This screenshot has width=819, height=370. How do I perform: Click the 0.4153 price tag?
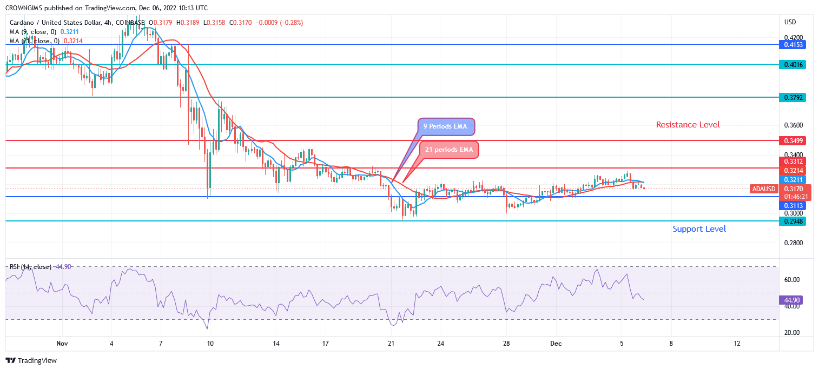pos(792,45)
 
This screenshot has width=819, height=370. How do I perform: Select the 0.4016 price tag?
pos(792,64)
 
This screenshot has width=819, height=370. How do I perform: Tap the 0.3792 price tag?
pos(792,98)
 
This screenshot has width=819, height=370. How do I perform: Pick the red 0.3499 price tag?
pos(792,140)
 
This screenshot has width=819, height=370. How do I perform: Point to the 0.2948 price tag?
pos(792,221)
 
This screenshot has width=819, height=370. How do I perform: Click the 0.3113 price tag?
pos(792,206)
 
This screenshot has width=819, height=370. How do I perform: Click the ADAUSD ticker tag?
pos(763,189)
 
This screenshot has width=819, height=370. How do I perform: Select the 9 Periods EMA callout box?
pos(446,127)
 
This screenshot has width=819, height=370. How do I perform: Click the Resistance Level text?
pos(688,125)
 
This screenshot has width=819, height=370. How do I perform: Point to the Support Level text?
pos(699,229)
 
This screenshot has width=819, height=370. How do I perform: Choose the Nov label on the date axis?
pos(62,343)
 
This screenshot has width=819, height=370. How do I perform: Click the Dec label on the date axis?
pos(556,343)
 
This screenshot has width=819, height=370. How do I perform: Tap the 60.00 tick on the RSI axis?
pos(791,280)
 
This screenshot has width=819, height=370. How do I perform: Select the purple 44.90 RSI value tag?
pos(792,300)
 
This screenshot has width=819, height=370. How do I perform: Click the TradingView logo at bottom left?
pos(31,360)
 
